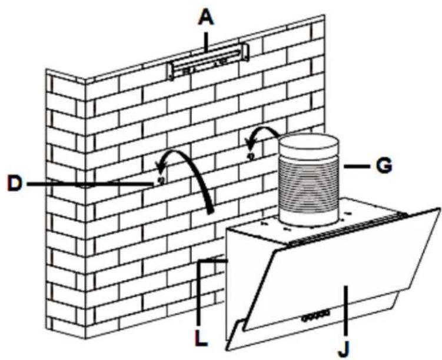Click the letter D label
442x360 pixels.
pyautogui.click(x=15, y=184)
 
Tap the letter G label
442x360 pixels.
pyautogui.click(x=384, y=165)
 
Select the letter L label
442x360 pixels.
pyautogui.click(x=201, y=338)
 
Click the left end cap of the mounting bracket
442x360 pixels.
pyautogui.click(x=170, y=71)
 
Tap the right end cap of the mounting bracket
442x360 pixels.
pyautogui.click(x=245, y=52)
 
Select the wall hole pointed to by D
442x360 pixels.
pyautogui.click(x=161, y=180)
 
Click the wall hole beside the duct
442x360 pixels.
pyautogui.click(x=251, y=155)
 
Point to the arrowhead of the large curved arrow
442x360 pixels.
pyautogui.click(x=161, y=168)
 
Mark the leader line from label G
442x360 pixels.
pyautogui.click(x=357, y=166)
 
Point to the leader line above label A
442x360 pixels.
pyautogui.click(x=206, y=42)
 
